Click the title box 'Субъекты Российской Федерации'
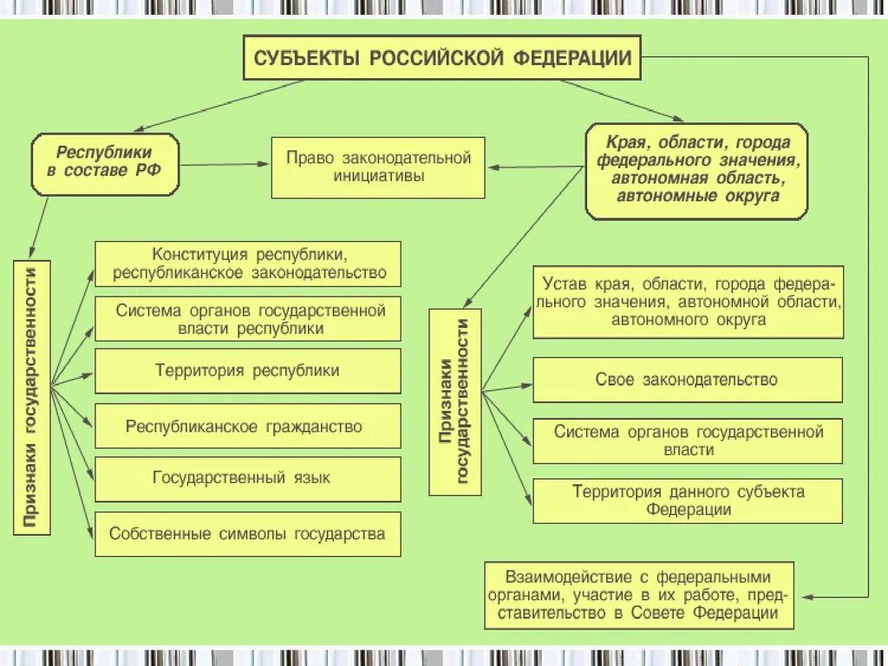tap(442, 58)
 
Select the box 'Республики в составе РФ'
tap(105, 164)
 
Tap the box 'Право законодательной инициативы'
tap(378, 167)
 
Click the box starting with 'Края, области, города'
tap(696, 170)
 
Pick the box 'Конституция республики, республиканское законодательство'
tap(248, 264)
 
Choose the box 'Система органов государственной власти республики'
tap(248, 319)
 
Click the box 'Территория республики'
tap(248, 371)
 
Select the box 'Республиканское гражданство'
tap(248, 427)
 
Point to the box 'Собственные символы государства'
tap(248, 533)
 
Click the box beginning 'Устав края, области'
tap(688, 302)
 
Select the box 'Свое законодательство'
tap(688, 380)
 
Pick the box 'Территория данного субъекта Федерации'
tap(688, 501)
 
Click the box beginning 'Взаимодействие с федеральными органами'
tap(640, 594)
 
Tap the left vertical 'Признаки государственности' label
tap(31, 398)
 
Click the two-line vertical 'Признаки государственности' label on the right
tap(455, 402)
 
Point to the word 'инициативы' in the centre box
tap(378, 176)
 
